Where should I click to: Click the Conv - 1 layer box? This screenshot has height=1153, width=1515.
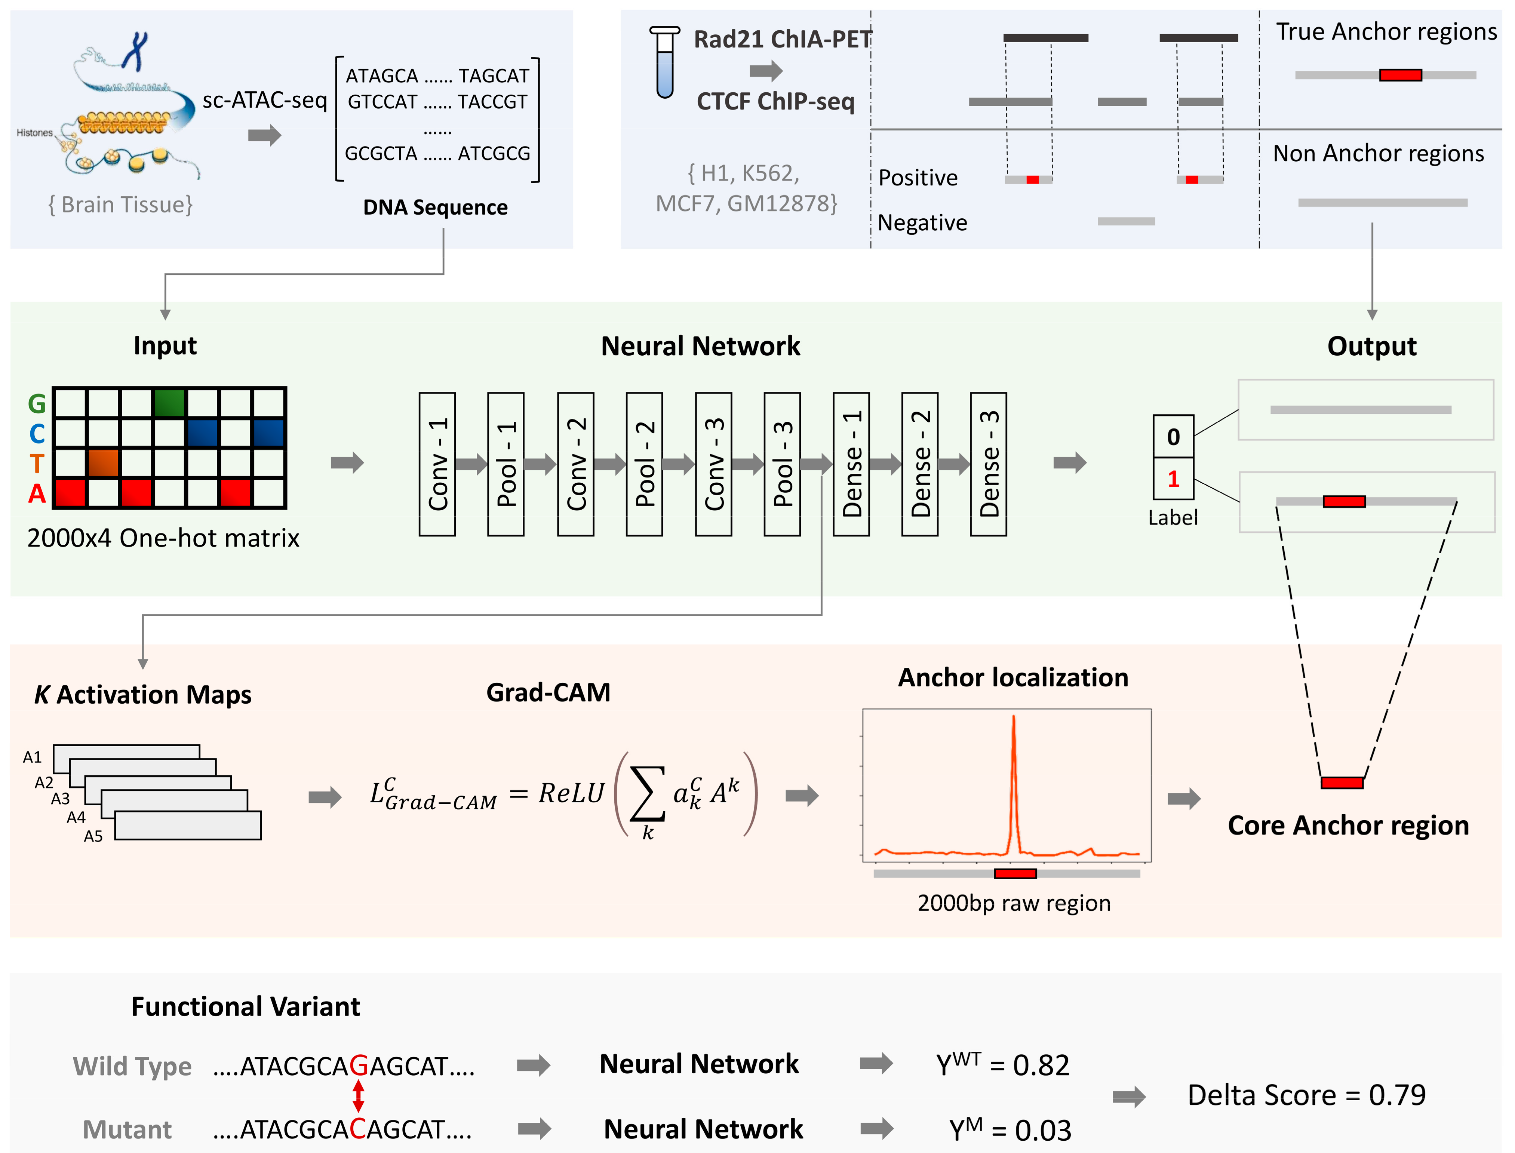pos(437,464)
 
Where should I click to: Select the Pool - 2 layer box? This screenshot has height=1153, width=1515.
pos(644,464)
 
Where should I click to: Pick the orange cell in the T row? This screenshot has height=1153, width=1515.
pos(103,462)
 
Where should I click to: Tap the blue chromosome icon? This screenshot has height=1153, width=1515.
pos(136,50)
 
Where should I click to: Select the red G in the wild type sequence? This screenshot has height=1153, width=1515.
pos(358,1066)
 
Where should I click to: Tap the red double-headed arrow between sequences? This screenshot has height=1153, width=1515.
pos(358,1096)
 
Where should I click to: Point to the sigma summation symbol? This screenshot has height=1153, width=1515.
pos(647,794)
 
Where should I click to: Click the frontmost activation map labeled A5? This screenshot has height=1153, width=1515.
pos(187,825)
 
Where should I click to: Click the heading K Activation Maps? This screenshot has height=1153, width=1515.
pos(143,695)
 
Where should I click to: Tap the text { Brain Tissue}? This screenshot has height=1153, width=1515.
pos(121,205)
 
